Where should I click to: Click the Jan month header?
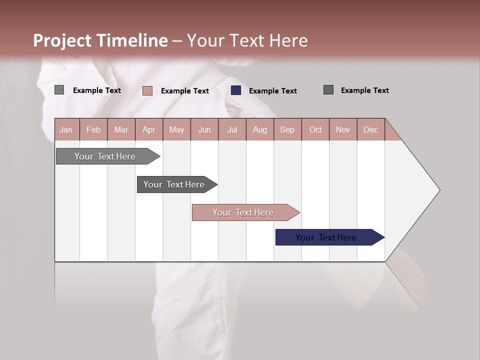click(66, 129)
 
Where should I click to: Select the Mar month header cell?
click(121, 129)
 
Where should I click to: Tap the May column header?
click(176, 129)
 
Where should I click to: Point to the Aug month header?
click(259, 129)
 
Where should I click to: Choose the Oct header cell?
click(315, 129)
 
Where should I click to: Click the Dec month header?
click(370, 129)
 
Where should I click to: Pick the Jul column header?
click(232, 129)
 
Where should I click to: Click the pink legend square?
click(147, 90)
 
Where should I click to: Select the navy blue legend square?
click(236, 90)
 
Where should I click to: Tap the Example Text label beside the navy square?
click(272, 91)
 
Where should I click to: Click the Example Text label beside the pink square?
click(184, 91)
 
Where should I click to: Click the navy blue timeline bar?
click(325, 237)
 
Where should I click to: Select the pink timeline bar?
click(242, 212)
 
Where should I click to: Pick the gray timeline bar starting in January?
click(104, 156)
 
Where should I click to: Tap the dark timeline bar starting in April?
click(173, 184)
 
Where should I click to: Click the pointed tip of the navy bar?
click(383, 237)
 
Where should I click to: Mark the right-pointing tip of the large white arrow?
click(438, 190)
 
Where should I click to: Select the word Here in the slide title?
click(288, 40)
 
